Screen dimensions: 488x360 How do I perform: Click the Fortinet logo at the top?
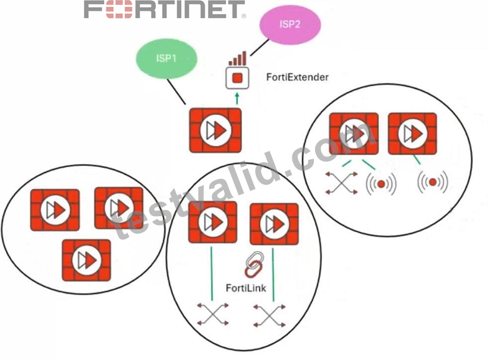point(165,10)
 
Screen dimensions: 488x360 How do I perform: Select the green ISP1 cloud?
point(166,58)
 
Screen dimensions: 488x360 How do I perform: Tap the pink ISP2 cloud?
point(290,24)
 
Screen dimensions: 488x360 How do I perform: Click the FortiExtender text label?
point(297,77)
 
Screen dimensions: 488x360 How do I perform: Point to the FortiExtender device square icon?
point(237,78)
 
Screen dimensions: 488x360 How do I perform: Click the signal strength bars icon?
point(237,58)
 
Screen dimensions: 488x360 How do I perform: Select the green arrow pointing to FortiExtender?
point(237,99)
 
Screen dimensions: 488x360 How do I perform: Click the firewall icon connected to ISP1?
point(215,130)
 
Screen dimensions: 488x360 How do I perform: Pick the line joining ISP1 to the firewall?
point(177,92)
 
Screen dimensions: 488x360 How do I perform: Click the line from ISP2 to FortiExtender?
point(260,48)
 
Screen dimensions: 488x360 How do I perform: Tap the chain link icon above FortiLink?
point(254,264)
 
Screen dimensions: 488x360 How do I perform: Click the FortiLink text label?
point(246,288)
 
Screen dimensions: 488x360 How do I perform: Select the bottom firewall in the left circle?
point(86,260)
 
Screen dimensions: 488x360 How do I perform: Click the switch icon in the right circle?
point(341,183)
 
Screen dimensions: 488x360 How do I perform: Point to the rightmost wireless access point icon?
point(433,182)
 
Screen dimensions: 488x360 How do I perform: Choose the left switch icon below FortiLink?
point(213,314)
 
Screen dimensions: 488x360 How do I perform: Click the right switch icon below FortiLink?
point(269,316)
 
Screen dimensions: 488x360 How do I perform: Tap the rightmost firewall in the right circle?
point(413,134)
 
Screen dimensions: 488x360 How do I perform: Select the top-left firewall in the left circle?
point(55,210)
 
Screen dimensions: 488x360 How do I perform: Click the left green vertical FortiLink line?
point(212,274)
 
